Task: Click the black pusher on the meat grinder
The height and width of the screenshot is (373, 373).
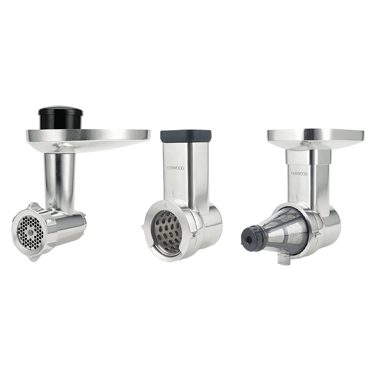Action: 61,118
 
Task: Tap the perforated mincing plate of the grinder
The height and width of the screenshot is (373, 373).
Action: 30,232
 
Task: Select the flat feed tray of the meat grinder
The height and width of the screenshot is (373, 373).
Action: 89,140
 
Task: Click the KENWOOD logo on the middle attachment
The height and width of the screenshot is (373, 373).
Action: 175,168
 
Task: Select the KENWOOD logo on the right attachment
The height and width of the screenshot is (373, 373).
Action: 298,173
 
